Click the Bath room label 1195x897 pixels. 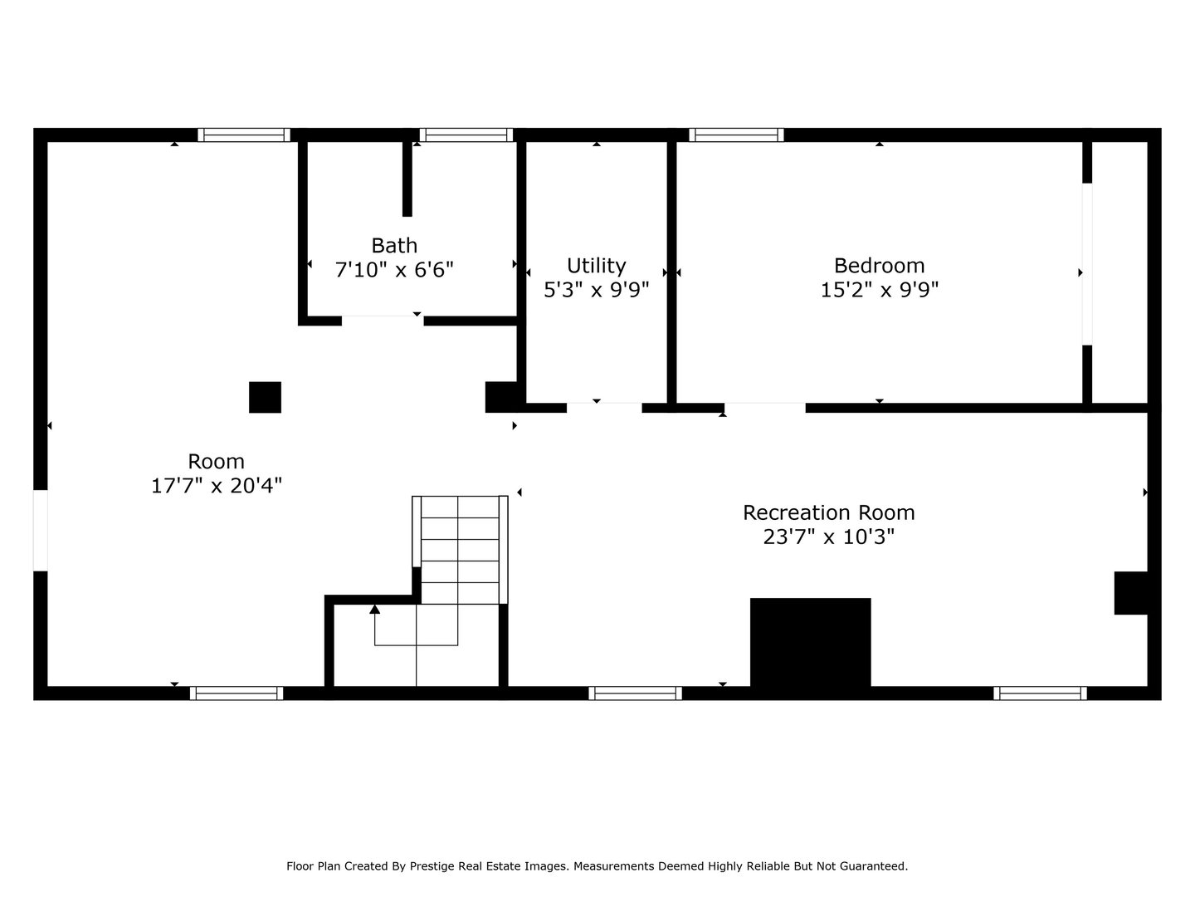pyautogui.click(x=394, y=246)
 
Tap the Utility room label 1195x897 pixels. pyautogui.click(x=596, y=266)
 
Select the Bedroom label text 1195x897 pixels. pyautogui.click(x=879, y=266)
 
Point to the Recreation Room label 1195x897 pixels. pyautogui.click(x=828, y=512)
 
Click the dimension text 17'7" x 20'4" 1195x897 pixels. pyautogui.click(x=217, y=486)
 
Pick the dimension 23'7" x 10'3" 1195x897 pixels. pyautogui.click(x=828, y=537)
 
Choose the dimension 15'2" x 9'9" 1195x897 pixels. pyautogui.click(x=879, y=290)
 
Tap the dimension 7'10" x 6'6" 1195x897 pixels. pyautogui.click(x=394, y=270)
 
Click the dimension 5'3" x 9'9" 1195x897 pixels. pyautogui.click(x=596, y=290)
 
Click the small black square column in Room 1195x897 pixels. pyautogui.click(x=266, y=397)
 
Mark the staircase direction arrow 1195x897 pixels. pyautogui.click(x=375, y=610)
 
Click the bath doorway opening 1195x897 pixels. pyautogui.click(x=383, y=320)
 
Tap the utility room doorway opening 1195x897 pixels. pyautogui.click(x=604, y=407)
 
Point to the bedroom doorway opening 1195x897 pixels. pyautogui.click(x=764, y=407)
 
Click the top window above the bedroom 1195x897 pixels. pyautogui.click(x=736, y=135)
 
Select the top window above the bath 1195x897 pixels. pyautogui.click(x=466, y=135)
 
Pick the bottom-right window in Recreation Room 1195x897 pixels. pyautogui.click(x=1040, y=693)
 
